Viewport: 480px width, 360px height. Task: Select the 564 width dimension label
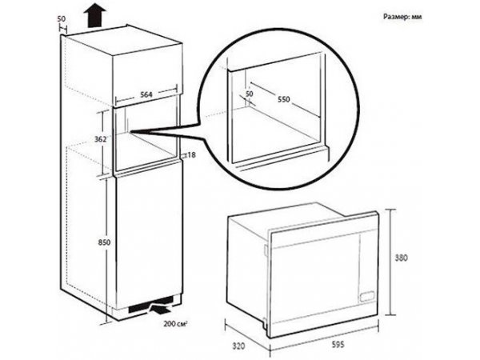coord(146,94)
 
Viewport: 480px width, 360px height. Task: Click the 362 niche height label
coord(100,139)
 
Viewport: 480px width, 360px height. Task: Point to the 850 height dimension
coord(104,242)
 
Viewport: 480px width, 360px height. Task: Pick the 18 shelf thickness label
coord(191,155)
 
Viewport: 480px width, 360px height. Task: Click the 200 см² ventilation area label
coord(175,323)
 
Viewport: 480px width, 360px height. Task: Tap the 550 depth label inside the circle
coord(284,99)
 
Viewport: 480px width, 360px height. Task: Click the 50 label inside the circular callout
coord(250,94)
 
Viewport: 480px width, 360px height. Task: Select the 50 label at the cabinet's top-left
coord(62,18)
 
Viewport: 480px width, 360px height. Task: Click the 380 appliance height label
coord(401,258)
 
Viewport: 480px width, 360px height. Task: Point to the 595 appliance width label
coord(338,345)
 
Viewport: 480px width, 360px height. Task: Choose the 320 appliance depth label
coord(238,346)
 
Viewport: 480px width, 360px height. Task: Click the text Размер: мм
coord(402,17)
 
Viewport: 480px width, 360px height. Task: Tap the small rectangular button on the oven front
coord(366,296)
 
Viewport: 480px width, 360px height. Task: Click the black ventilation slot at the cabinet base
coord(151,305)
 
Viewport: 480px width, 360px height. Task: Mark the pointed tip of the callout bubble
coord(131,132)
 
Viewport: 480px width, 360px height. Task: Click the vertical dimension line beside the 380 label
coord(390,262)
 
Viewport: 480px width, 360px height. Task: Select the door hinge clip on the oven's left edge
coord(265,250)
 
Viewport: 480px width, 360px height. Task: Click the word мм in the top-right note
coord(417,17)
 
